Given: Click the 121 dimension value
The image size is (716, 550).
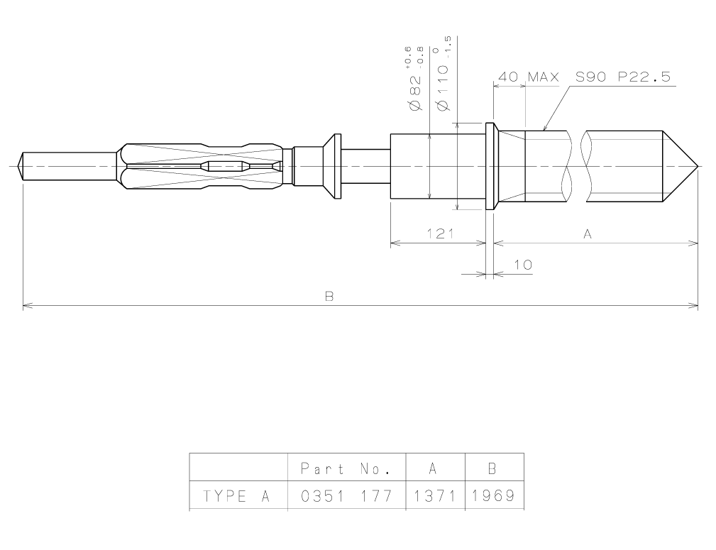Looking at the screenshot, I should (440, 233).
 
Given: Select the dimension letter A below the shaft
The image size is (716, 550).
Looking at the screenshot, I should (587, 233).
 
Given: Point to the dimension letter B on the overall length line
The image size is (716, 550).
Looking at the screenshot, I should (329, 296).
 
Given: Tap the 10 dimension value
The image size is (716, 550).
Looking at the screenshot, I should (522, 265).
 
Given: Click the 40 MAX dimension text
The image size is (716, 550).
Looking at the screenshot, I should (529, 77).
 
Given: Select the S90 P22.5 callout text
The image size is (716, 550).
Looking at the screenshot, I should (622, 77).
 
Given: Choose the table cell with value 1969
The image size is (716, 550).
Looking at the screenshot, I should (494, 495).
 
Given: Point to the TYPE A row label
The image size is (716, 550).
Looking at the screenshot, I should (236, 495).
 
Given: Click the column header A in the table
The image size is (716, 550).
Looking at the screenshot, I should (435, 469).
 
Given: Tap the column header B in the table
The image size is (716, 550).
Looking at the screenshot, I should (494, 469).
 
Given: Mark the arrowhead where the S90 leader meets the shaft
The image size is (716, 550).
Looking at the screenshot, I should (545, 129).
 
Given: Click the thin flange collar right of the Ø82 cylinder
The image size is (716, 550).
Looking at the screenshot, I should (490, 166).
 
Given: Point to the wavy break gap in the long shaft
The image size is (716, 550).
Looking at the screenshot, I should (578, 167).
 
